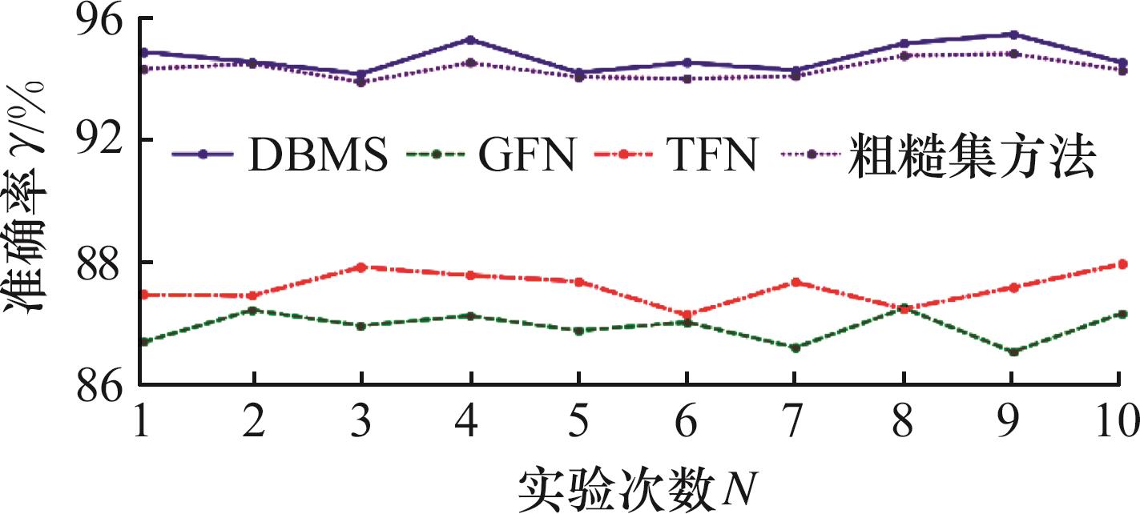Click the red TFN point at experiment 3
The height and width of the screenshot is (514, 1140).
(x=361, y=267)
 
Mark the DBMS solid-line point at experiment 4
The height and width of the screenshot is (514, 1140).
(x=470, y=39)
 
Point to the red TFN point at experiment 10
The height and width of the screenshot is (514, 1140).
(x=1122, y=263)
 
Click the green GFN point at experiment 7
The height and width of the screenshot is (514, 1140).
(x=796, y=347)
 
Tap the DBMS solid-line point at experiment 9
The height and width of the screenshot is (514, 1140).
(x=1013, y=34)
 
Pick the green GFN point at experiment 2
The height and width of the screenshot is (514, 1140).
(x=253, y=310)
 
